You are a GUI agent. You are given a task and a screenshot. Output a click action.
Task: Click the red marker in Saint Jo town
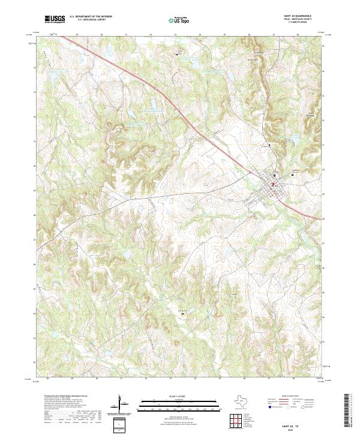(272, 184)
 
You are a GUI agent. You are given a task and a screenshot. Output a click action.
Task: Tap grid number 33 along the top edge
(175, 35)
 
